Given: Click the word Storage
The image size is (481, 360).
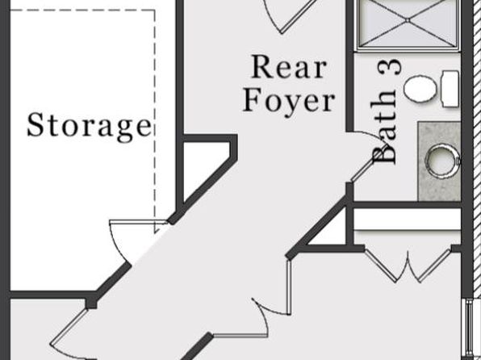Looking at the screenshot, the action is [x=90, y=127].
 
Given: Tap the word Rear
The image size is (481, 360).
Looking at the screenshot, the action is [x=289, y=67].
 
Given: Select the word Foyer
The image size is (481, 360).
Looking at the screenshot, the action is [x=289, y=100].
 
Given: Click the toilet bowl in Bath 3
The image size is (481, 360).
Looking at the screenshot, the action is [x=420, y=88].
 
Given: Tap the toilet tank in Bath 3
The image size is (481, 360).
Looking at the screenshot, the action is [x=450, y=89].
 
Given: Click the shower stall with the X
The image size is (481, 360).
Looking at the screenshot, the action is [x=408, y=24].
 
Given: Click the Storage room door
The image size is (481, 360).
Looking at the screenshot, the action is [x=119, y=242].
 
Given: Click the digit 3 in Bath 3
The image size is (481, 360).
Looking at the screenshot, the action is [x=390, y=67].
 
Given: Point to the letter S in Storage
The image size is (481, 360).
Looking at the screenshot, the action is [x=35, y=124].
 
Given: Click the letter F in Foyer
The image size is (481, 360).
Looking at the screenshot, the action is [x=252, y=99].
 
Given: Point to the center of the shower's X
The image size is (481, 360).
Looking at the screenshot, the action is [x=408, y=20].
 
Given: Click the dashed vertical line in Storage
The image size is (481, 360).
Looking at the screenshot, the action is [x=154, y=119].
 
